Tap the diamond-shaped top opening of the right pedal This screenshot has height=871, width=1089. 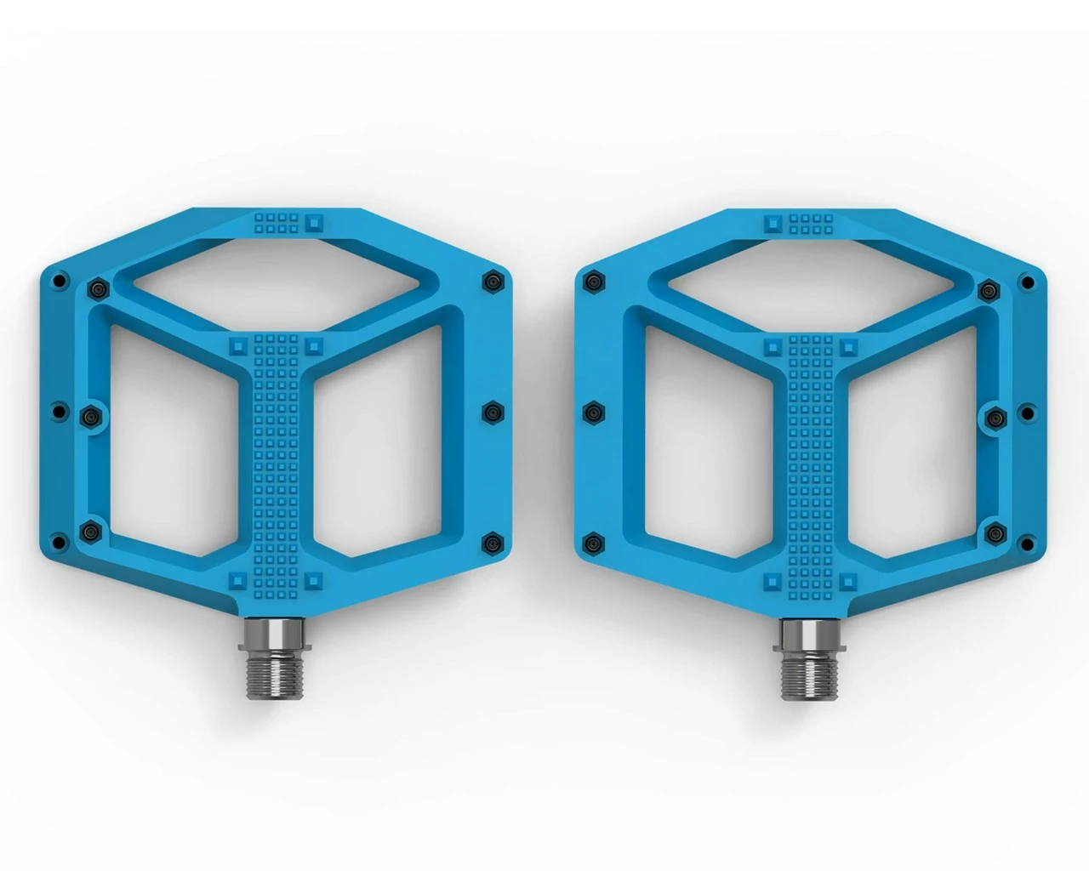point(812,276)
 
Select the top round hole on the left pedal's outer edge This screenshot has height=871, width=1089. point(58,280)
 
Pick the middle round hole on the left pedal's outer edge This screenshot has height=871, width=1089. point(58,412)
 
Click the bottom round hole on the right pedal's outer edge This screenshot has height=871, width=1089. point(1029,544)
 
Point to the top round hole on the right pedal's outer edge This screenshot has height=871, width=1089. point(1029,280)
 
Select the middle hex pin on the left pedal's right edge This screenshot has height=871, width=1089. point(493,413)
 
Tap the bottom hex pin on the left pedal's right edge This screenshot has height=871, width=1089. point(493,543)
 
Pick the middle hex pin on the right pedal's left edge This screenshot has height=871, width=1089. point(595,413)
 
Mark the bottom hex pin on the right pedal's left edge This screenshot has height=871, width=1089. point(595,543)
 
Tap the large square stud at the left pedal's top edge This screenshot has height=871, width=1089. point(316,222)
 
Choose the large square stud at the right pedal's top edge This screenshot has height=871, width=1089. point(772,222)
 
